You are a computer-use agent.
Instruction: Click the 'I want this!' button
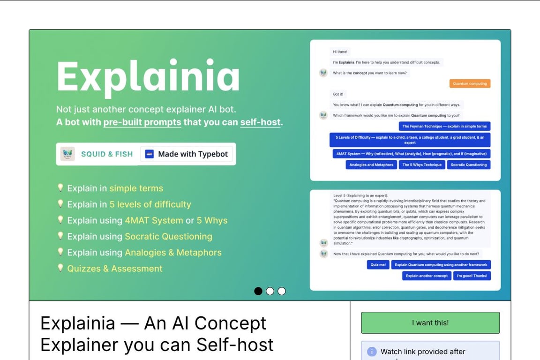tap(430, 322)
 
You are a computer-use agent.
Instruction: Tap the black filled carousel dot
tap(258, 291)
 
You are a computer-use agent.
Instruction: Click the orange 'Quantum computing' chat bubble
tap(470, 83)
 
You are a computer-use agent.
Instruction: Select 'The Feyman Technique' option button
tap(444, 126)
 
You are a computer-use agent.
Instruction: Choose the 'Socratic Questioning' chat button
tap(468, 165)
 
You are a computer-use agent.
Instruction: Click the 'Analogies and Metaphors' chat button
tap(371, 165)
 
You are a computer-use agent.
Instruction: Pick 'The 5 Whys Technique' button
tap(422, 165)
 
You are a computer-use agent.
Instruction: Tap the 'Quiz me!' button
tap(378, 264)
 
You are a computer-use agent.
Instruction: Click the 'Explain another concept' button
tap(427, 276)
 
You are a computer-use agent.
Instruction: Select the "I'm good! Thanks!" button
tap(472, 276)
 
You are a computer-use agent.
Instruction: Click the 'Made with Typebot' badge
tap(187, 154)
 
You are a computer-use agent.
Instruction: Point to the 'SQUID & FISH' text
tap(107, 154)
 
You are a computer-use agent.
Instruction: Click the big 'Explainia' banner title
tap(148, 76)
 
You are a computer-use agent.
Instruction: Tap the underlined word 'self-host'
tap(260, 122)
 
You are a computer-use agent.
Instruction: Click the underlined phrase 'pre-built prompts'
tap(142, 122)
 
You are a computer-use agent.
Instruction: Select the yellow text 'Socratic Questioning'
tap(168, 236)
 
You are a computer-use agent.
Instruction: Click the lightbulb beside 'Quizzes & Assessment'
tap(60, 268)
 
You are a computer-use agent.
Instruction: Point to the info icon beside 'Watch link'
tap(372, 352)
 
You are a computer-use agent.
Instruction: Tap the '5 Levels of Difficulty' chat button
tap(410, 140)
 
